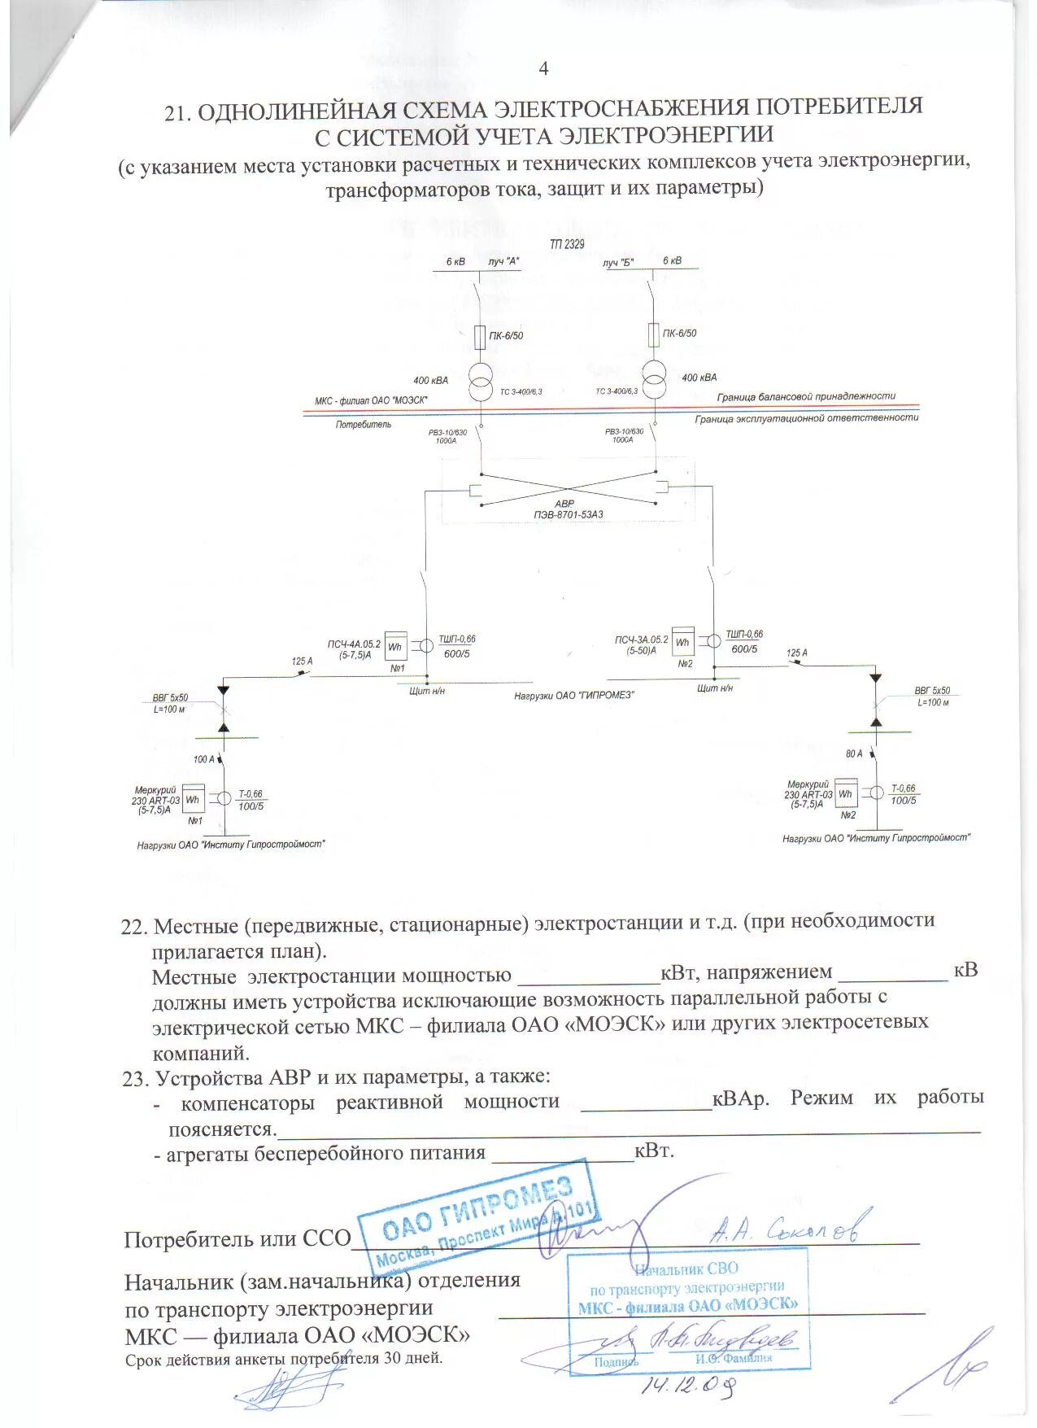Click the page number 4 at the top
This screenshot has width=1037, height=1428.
[x=543, y=68]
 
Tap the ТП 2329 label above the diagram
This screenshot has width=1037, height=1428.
[x=567, y=244]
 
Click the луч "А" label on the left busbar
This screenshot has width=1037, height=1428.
[x=504, y=261]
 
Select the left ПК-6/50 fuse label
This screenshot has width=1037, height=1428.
[x=506, y=335]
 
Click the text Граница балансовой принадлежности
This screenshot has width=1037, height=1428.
[x=806, y=396]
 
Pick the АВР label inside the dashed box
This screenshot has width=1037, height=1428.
[x=564, y=504]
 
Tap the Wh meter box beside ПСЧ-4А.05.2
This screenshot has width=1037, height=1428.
[x=395, y=647]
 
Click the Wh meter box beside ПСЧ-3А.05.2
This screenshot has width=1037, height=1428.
[x=682, y=642]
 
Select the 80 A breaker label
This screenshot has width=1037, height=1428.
[x=854, y=753]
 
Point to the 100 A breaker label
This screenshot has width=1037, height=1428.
[x=204, y=759]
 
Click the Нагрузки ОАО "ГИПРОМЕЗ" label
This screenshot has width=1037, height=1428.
[x=573, y=696]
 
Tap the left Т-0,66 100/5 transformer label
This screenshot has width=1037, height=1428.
[x=251, y=800]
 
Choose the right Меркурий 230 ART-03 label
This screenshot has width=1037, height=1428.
[x=808, y=794]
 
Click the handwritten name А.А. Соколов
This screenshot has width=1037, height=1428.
[x=784, y=1229]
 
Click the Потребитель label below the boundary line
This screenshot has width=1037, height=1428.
[x=363, y=424]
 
